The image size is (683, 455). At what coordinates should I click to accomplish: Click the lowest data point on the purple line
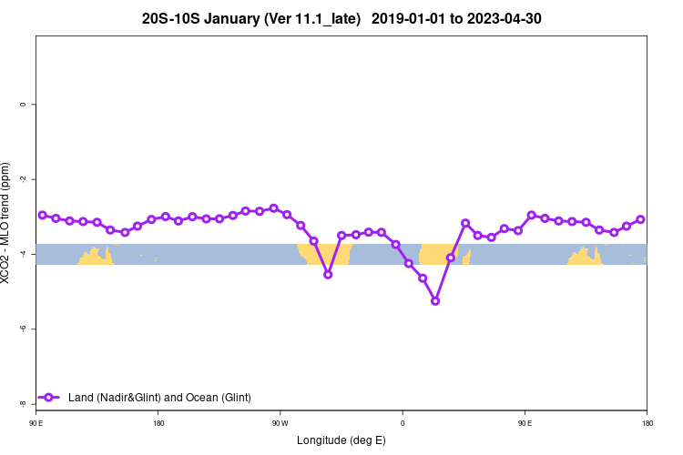coord(435,300)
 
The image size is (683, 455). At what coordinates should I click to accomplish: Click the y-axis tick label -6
coord(22,328)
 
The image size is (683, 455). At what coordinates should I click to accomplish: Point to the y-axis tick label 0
coord(22,104)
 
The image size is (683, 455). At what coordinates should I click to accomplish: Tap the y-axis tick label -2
coord(22,178)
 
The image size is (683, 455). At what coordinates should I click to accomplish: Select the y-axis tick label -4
coord(22,253)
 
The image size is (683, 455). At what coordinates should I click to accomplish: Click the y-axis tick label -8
coord(22,402)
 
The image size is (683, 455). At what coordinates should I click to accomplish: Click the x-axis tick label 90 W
coord(280,423)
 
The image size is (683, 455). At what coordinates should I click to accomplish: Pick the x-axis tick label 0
coord(402,423)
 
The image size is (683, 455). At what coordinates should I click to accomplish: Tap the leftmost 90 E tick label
coord(36,423)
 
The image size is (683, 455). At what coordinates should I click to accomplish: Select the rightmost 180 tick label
coord(646,423)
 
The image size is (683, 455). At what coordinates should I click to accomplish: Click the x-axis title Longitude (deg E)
coord(341,440)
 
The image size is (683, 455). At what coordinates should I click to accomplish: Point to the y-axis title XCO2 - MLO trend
coord(7,223)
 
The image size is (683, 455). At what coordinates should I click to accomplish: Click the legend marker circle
coord(51,397)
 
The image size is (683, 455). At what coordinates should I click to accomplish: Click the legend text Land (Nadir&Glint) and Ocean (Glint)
coord(159,397)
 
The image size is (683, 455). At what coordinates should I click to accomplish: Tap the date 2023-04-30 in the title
coord(504,18)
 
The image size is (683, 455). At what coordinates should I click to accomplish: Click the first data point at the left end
coord(43,215)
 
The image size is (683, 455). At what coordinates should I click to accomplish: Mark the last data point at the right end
coord(640,219)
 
